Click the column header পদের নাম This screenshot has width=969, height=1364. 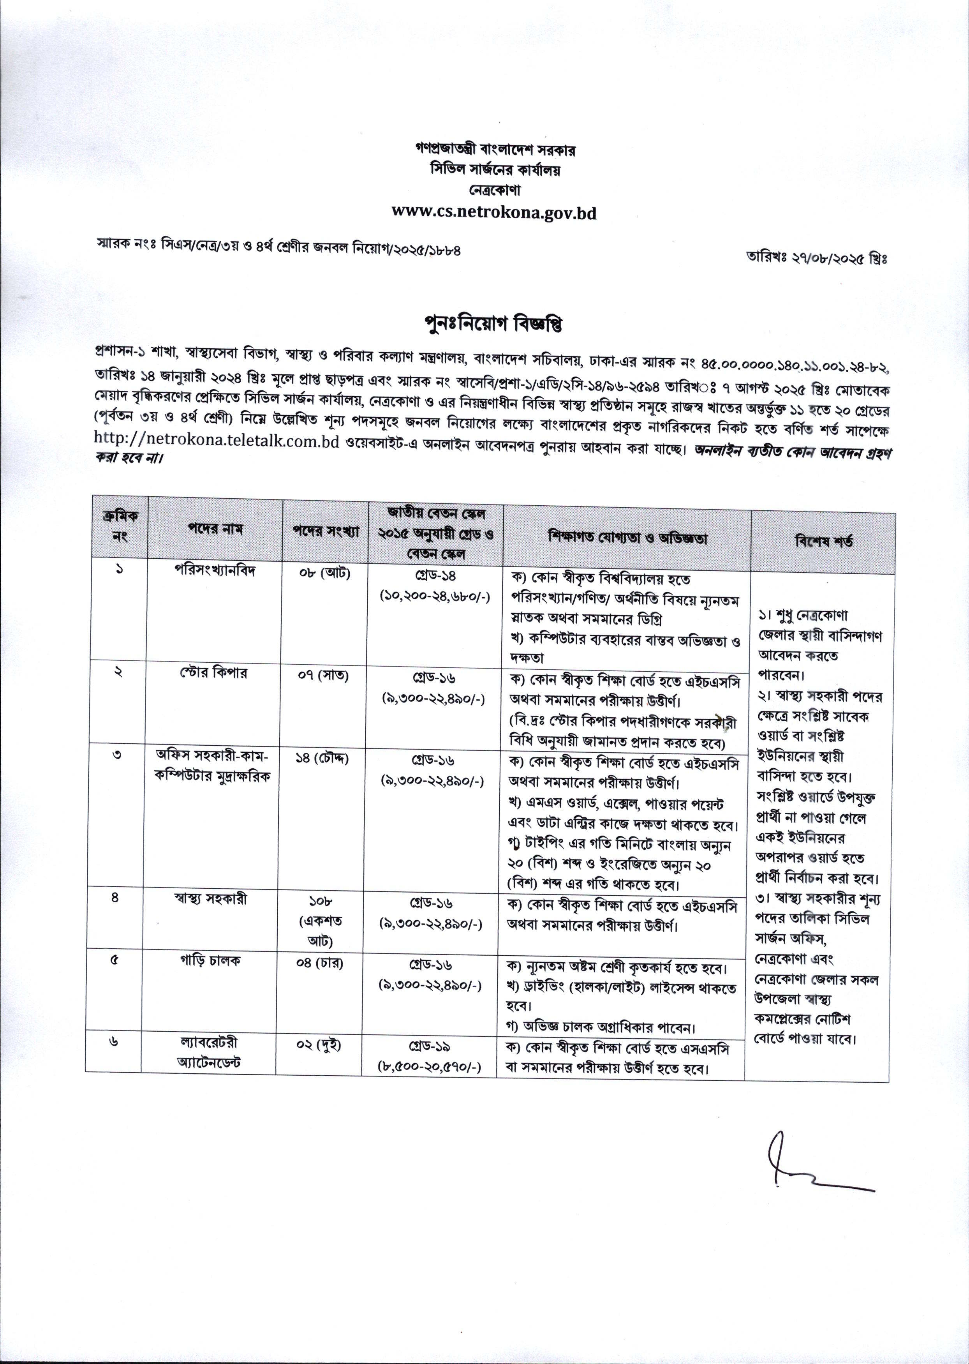pyautogui.click(x=217, y=529)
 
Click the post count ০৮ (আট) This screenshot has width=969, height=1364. pyautogui.click(x=324, y=573)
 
